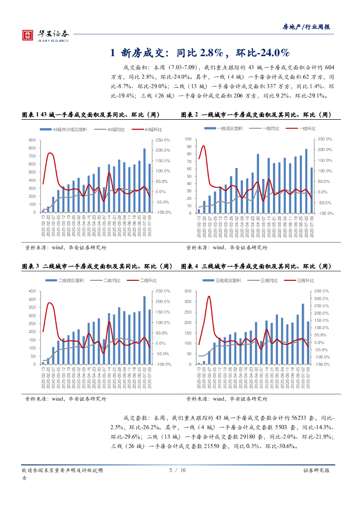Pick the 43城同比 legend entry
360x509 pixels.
[115, 130]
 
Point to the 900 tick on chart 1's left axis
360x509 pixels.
[32, 140]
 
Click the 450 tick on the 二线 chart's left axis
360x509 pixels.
[32, 291]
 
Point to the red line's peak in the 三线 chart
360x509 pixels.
[209, 297]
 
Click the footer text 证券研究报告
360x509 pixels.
[319, 470]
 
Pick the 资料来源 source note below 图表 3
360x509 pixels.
[66, 399]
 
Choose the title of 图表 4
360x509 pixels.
[256, 266]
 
